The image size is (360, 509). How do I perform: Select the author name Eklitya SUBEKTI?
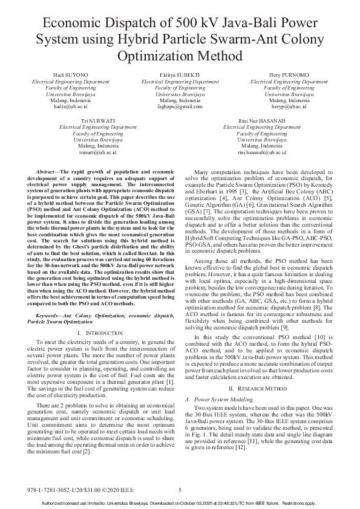180,75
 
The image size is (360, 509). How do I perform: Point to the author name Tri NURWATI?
98,122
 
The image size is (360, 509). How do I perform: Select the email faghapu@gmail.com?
180,106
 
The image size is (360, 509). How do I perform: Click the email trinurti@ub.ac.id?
98,153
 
